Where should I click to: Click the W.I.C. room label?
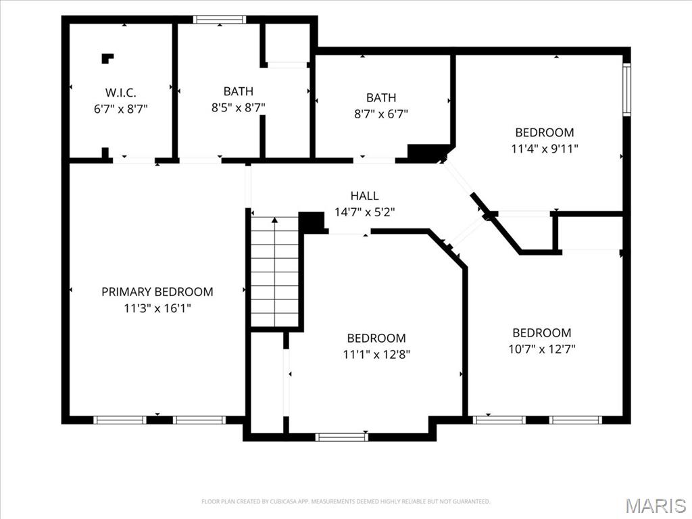(120, 93)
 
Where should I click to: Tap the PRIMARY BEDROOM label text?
(157, 292)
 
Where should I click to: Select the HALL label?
(364, 195)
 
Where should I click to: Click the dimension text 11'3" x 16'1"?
(157, 308)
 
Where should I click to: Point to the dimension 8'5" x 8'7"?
(239, 107)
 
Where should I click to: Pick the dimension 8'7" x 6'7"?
(381, 114)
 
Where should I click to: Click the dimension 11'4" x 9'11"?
(545, 149)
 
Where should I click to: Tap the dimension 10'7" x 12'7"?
(542, 349)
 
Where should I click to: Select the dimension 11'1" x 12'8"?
(376, 354)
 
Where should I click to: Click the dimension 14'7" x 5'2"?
(364, 212)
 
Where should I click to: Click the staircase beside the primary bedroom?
(275, 272)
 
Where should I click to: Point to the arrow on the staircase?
(275, 271)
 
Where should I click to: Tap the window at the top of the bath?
(220, 20)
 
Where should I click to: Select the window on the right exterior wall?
(626, 89)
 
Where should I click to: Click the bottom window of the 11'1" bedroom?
(341, 437)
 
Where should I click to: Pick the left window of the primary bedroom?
(120, 420)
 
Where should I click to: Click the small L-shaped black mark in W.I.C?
(107, 58)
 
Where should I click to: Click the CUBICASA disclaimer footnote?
(345, 501)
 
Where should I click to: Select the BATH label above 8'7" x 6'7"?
(381, 97)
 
